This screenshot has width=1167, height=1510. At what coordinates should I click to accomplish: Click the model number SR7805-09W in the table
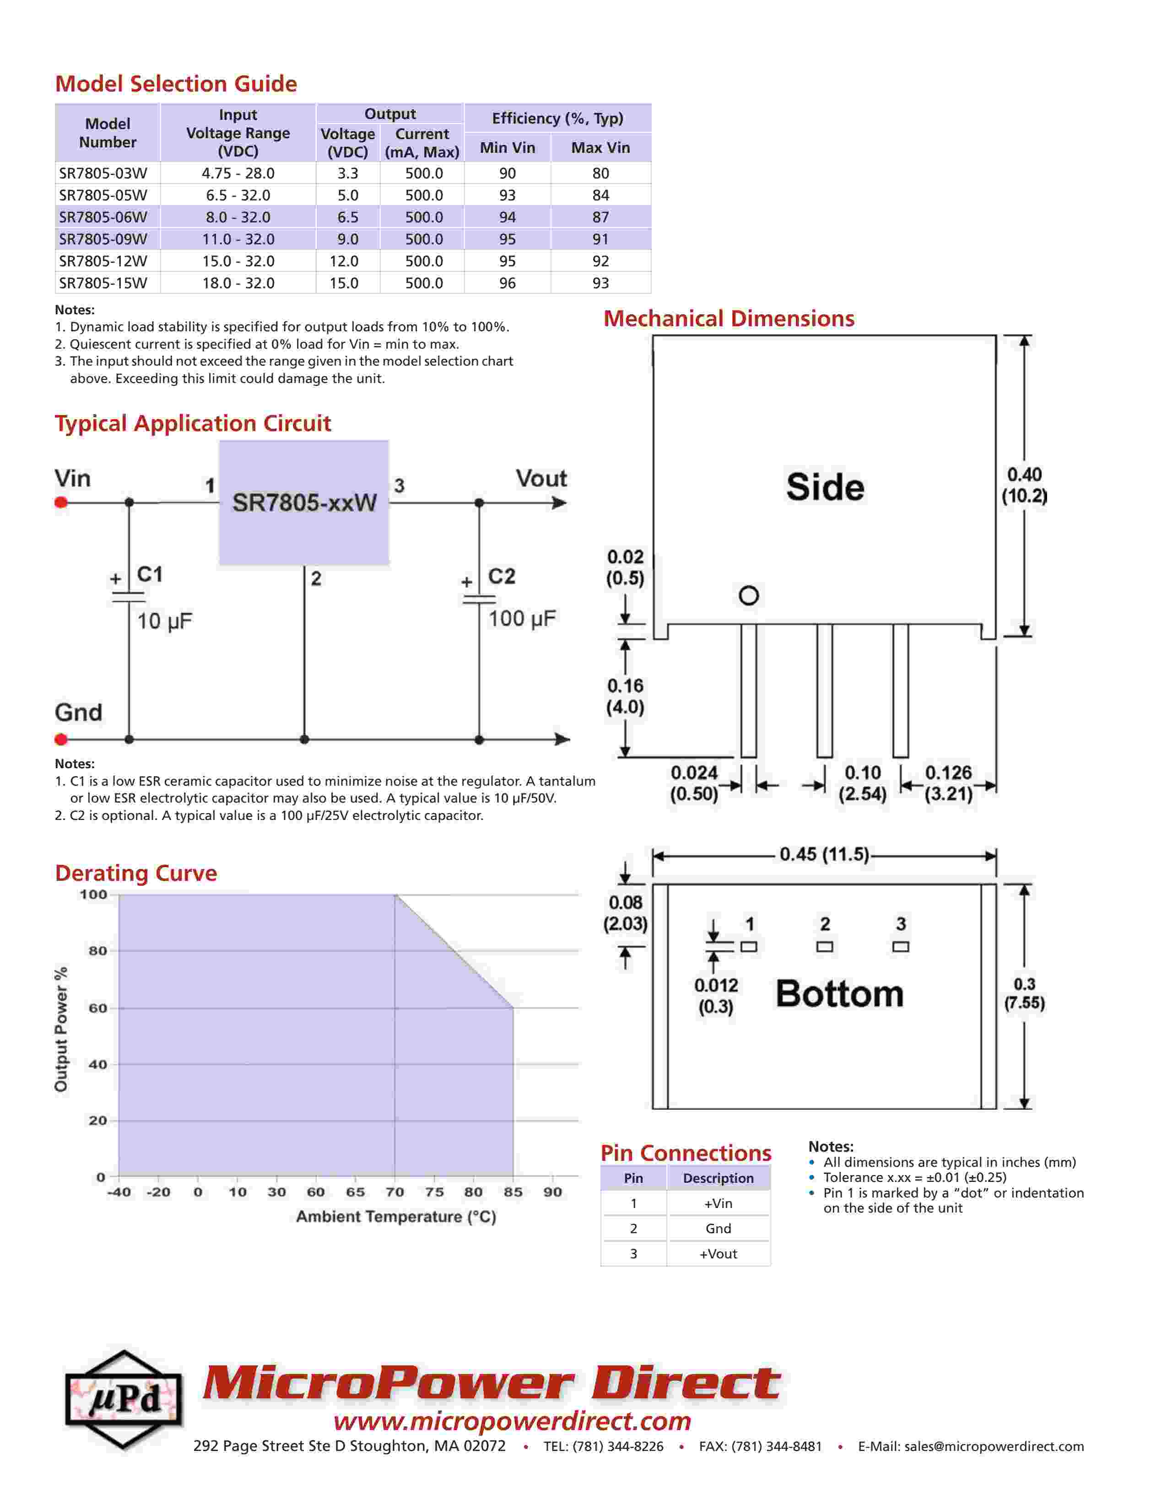point(103,239)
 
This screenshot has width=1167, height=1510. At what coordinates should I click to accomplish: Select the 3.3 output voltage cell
point(348,173)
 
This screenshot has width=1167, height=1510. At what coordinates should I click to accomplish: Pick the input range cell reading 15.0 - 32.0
point(238,261)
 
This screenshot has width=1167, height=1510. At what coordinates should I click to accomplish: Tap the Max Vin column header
point(600,147)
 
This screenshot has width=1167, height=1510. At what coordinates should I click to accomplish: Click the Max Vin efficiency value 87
point(600,217)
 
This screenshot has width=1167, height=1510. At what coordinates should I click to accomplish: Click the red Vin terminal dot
point(61,502)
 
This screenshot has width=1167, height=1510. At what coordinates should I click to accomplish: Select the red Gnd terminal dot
point(61,739)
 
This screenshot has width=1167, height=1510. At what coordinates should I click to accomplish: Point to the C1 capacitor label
point(150,574)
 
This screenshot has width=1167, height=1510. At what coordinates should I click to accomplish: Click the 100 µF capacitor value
point(522,618)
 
